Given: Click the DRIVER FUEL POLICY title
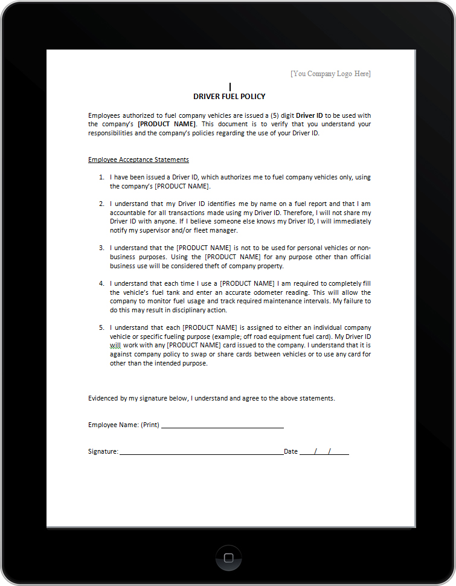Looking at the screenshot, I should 229,97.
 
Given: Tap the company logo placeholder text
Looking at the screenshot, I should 330,74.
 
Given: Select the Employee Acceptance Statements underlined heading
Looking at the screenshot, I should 138,159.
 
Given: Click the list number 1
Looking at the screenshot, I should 101,178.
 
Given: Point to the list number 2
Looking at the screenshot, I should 101,204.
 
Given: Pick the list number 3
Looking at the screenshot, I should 101,248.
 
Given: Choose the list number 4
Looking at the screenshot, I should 101,283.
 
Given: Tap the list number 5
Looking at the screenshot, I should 101,327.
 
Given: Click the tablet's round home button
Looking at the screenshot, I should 228,557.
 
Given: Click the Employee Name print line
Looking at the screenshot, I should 222,425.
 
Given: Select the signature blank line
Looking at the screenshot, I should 201,452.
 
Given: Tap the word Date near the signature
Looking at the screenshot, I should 291,451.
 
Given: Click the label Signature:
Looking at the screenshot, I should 103,451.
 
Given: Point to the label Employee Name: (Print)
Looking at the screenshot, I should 124,425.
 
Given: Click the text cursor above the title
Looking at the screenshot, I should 230,87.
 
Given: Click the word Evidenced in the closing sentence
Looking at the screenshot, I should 103,398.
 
